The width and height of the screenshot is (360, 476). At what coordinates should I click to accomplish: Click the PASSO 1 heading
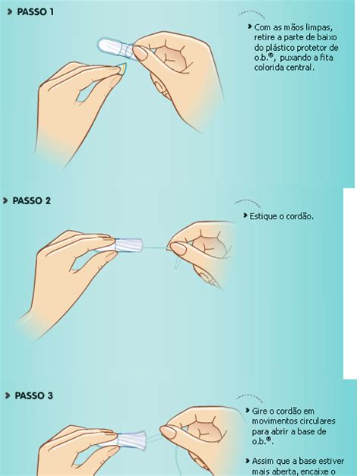35,12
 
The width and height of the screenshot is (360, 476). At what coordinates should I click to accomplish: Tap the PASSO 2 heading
32,200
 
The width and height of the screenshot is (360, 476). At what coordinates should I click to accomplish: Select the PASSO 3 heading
33,396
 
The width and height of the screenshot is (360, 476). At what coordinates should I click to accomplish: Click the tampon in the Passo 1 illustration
115,49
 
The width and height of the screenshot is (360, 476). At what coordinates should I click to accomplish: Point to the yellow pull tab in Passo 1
122,68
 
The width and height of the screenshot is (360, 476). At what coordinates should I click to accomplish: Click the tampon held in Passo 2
128,245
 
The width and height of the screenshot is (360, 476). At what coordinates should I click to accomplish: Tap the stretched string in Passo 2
155,248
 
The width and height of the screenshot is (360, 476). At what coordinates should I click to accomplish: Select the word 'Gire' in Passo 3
259,411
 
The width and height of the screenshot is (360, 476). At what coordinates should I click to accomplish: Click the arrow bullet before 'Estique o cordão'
245,216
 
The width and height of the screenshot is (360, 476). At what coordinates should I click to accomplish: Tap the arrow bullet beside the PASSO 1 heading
10,11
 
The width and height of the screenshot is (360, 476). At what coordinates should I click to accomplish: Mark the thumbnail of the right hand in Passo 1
140,53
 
